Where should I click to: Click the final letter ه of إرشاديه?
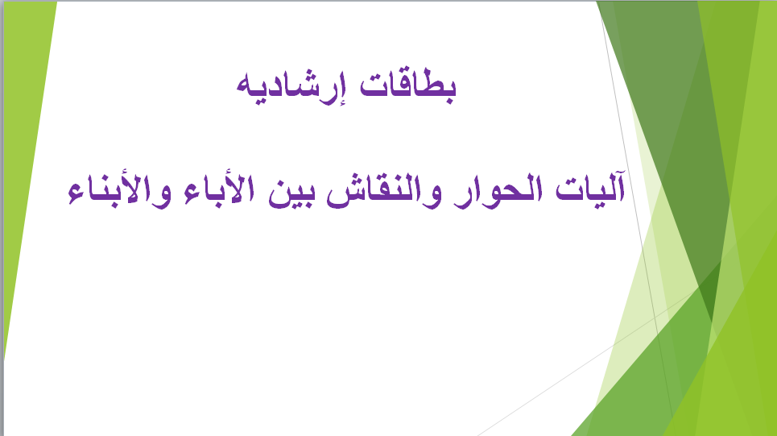pyautogui.click(x=246, y=89)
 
